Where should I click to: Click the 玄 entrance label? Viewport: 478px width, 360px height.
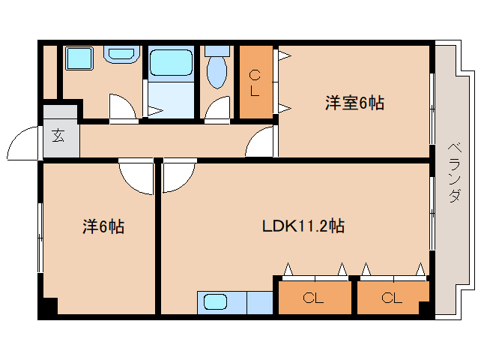point(58,136)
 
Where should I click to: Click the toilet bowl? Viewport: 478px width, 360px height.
point(217,69)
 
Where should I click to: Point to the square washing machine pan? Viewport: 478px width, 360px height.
point(78,58)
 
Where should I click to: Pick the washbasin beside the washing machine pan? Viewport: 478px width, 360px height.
point(121,54)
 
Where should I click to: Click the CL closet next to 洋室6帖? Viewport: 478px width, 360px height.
point(255,82)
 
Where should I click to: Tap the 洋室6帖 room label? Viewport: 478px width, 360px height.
point(354,103)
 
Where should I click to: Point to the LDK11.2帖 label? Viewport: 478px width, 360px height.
point(303,226)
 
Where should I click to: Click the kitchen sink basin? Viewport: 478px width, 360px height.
point(215,302)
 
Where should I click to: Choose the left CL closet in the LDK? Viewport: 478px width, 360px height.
point(314,298)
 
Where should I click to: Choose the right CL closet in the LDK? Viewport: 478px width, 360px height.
point(392,298)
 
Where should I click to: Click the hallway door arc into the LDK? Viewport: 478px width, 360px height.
point(178,175)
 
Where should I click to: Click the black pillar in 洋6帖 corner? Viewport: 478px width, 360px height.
point(49,307)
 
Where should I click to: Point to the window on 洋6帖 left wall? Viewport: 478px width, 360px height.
point(40,237)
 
